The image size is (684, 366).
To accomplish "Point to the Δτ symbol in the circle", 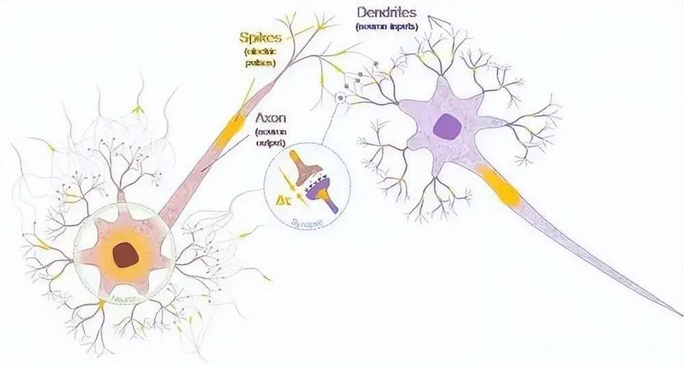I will tap(280, 200).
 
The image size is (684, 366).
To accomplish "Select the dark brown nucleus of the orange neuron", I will tap(124, 255).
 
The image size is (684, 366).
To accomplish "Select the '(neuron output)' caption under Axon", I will tap(270, 137).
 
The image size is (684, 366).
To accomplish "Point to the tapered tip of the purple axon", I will tap(679, 315).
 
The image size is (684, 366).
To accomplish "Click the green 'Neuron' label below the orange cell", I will tap(123, 299).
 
